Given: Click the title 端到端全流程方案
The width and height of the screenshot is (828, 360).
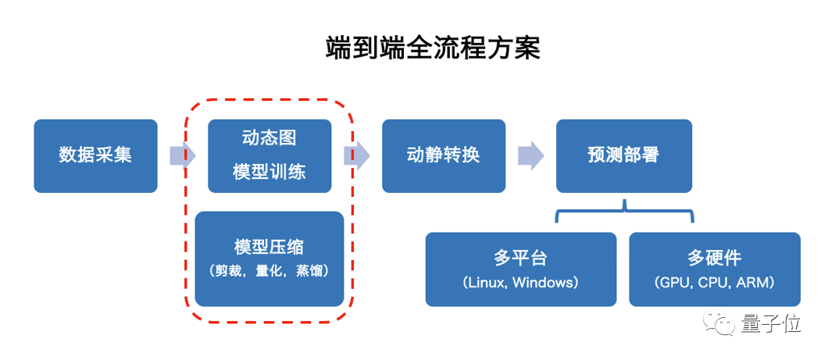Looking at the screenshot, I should point(432,48).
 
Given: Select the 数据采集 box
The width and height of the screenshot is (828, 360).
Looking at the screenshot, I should point(95,155).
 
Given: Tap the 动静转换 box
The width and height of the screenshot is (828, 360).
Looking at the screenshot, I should point(443,155).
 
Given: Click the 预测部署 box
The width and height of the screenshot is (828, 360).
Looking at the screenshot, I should point(623,155).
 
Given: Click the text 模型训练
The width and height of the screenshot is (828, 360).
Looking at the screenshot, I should point(269,173).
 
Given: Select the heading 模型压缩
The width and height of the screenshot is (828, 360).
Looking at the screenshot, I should point(269,247).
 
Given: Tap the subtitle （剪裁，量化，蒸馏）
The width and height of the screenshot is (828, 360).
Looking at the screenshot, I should point(269,271).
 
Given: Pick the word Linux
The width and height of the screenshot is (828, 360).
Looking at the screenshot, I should point(487,283).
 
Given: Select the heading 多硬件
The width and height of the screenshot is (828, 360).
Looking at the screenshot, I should point(714,258).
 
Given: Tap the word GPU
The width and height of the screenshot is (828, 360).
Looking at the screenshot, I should point(673,283).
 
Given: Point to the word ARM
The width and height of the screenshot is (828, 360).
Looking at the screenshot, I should point(755,283).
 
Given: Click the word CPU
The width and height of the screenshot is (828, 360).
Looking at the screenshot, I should point(712,283).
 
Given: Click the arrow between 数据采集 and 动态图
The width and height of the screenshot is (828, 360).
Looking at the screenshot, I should point(182,155).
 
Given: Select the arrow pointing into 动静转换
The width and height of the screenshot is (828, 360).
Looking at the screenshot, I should point(357,155).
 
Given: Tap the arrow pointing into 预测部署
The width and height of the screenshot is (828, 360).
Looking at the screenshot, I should point(531,155).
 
